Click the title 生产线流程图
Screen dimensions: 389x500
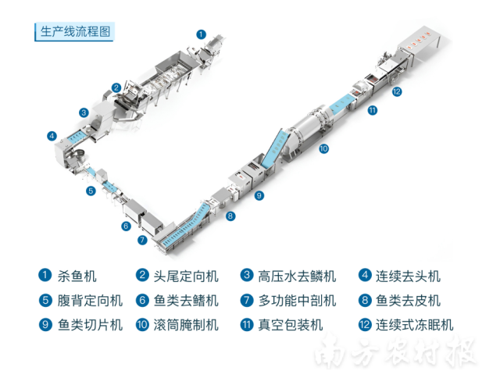point(75,32)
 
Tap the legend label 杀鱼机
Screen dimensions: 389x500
point(77,276)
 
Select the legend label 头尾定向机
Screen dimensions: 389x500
point(186,276)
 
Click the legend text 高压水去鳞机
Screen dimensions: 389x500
point(297,276)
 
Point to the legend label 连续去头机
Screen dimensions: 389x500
point(408,276)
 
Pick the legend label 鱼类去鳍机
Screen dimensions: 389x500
point(186,300)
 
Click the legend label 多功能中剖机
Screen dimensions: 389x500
point(297,300)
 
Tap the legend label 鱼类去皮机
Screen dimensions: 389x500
point(408,300)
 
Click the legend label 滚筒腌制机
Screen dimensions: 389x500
point(186,324)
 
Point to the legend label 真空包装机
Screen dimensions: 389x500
point(291,324)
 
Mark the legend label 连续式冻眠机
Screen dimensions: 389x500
point(414,324)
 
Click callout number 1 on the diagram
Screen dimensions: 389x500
point(201,34)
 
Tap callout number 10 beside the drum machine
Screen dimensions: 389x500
point(323,148)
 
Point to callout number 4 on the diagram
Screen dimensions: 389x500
point(52,135)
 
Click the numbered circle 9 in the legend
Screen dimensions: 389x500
point(45,324)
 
